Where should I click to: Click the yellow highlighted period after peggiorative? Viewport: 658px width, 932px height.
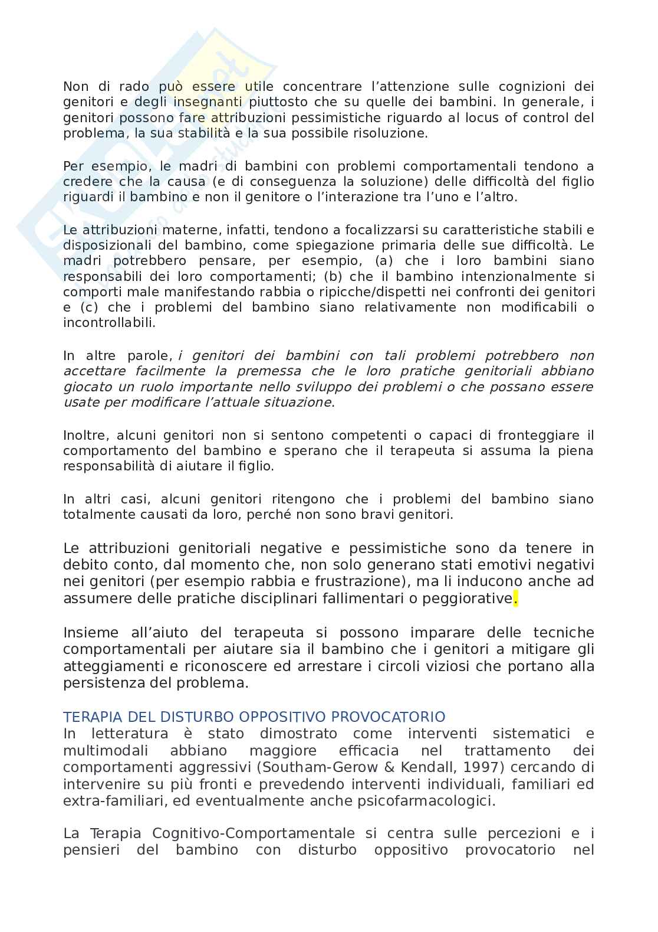pyautogui.click(x=515, y=599)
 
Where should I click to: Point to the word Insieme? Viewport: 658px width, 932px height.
pyautogui.click(x=91, y=633)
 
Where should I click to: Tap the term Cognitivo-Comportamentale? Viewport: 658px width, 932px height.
pyautogui.click(x=254, y=833)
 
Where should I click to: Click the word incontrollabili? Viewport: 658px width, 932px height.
pyautogui.click(x=110, y=323)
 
